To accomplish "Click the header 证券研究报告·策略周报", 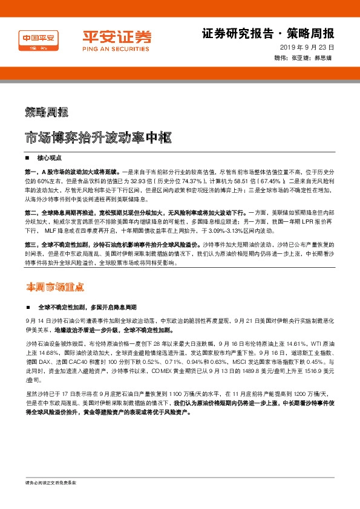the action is [267, 33].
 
